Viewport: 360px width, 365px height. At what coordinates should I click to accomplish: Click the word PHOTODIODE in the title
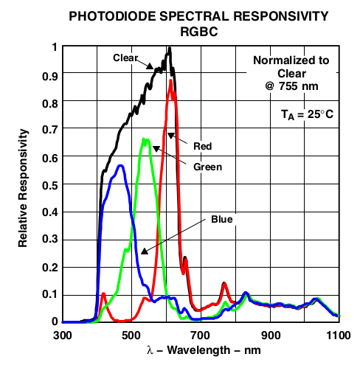(x=108, y=15)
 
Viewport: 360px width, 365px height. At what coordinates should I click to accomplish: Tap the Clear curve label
(x=126, y=58)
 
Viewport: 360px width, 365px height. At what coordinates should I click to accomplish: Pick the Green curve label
(x=207, y=167)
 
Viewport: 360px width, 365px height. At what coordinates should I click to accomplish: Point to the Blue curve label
(x=221, y=219)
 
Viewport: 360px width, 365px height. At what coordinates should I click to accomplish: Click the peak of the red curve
(x=171, y=80)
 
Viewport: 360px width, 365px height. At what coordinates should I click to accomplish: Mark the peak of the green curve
(x=145, y=139)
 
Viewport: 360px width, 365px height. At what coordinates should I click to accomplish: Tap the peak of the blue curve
(x=120, y=166)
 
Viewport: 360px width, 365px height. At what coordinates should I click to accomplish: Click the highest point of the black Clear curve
(x=170, y=48)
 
